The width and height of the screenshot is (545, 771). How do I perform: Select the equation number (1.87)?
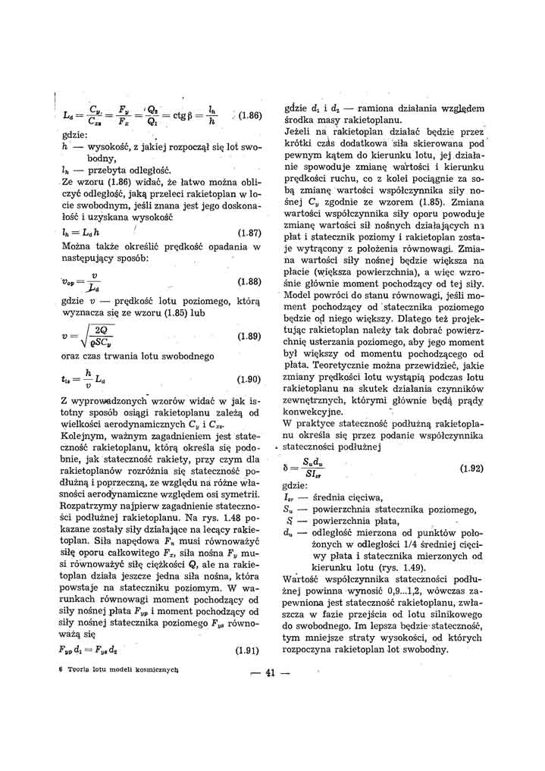point(249,233)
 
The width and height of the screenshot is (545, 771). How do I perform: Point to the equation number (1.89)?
point(249,335)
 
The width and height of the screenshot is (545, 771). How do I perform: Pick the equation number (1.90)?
point(249,379)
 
